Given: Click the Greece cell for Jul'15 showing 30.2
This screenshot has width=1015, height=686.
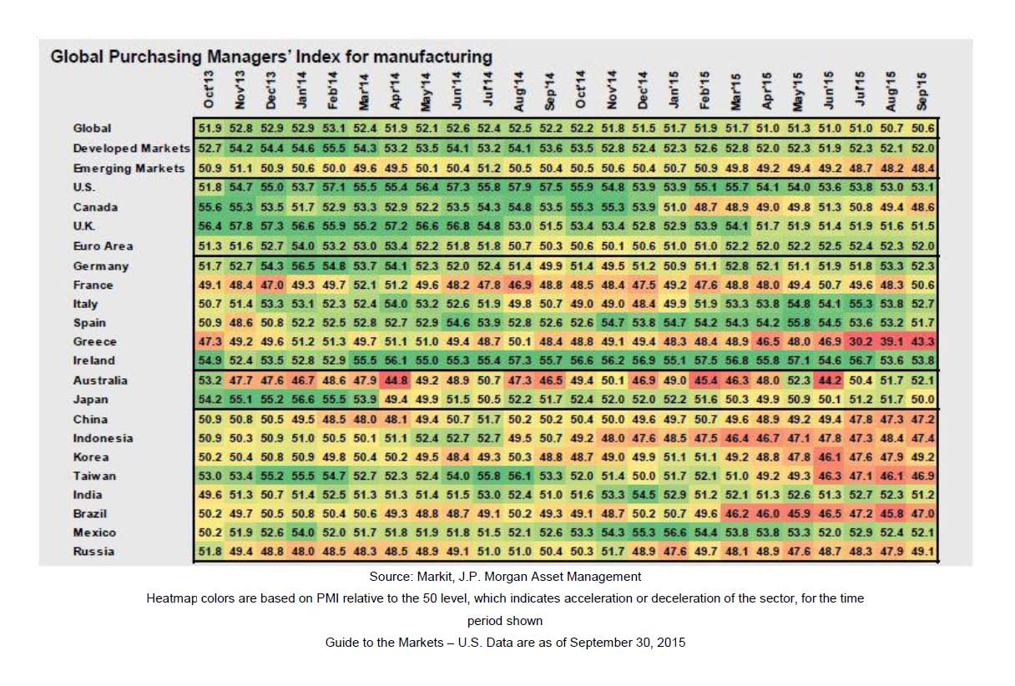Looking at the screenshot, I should point(861,342).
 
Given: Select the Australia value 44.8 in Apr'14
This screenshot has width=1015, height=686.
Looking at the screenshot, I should point(396,381).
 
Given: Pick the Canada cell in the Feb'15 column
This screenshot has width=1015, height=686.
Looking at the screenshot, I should point(705,207).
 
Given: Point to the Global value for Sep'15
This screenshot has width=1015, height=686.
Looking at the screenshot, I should point(924,129).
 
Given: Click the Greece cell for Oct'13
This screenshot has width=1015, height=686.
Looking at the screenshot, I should point(209,342).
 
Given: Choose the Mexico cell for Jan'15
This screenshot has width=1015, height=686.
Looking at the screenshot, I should point(674,532).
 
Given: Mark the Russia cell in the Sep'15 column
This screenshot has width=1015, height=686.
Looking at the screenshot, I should point(924,552).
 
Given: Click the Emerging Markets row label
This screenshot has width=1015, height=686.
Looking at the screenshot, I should point(129,168).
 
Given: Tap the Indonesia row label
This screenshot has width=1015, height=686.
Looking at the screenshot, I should point(103,438).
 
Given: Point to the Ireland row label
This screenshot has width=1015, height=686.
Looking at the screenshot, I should point(94,361).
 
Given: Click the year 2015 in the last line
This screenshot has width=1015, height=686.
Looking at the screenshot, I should point(669,643).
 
